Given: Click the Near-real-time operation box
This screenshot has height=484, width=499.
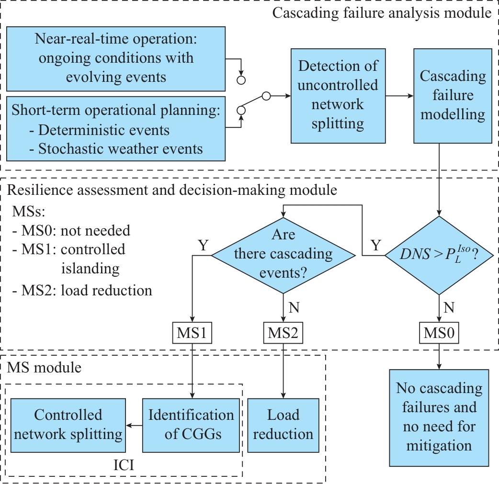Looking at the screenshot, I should tap(116, 58).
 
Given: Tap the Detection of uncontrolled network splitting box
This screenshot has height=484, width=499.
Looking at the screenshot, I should tap(338, 95).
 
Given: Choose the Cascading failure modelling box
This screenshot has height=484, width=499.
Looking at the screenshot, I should tap(452, 95).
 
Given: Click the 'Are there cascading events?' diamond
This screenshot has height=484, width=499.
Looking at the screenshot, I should tap(283, 254).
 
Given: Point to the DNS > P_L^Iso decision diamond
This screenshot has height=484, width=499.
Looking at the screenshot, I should tap(440, 255).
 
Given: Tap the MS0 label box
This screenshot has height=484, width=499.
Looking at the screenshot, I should tap(439, 333).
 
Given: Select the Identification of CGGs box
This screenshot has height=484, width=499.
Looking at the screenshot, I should tap(191, 425).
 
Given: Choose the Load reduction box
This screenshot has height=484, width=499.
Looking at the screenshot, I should tap(283, 425).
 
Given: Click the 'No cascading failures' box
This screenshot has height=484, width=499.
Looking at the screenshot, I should tap(439, 417).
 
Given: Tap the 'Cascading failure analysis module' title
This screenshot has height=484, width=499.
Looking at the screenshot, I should tap(382, 12).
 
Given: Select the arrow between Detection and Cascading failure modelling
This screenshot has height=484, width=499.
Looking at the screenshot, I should tap(399, 96).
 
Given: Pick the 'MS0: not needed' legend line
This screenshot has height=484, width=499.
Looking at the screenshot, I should tap(71, 230).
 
